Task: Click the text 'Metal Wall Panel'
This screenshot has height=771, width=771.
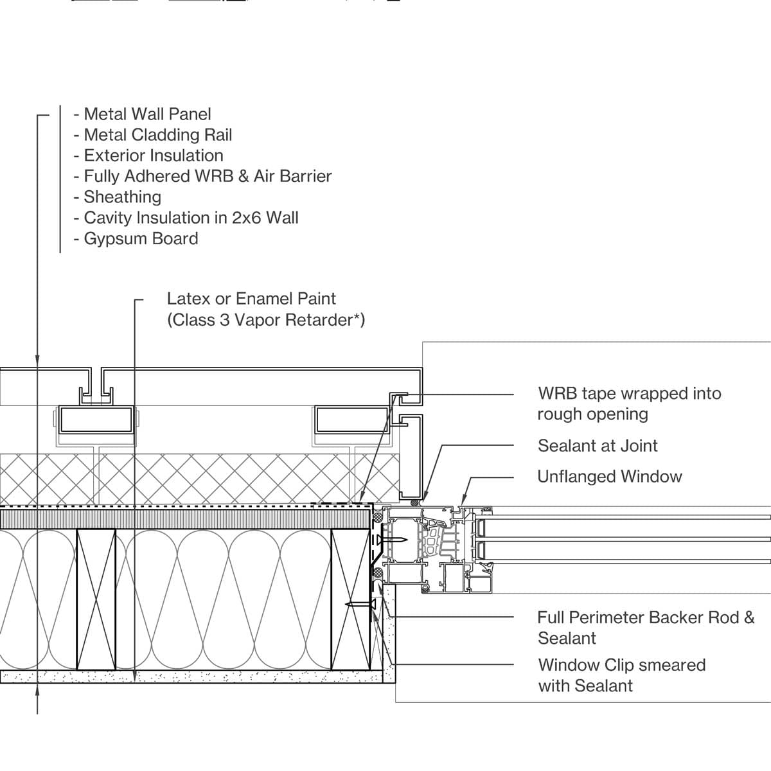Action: coord(147,114)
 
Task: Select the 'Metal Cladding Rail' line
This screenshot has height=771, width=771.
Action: coord(157,135)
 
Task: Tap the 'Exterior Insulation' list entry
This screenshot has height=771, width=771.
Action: coord(154,155)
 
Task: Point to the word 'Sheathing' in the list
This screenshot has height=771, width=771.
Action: coord(123,197)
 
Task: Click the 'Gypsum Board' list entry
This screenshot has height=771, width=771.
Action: coord(141,239)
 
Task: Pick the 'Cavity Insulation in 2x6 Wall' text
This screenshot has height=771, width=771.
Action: coord(191,218)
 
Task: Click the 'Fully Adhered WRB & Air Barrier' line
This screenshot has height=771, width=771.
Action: coord(208,177)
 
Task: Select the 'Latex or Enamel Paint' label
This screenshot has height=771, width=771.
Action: coord(251,299)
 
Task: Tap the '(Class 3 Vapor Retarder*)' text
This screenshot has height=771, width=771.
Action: coord(266,320)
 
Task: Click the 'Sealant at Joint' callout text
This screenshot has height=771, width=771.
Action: coord(598,446)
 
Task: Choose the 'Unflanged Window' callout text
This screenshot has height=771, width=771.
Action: coord(609,477)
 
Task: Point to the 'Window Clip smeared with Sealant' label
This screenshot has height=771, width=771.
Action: coord(622,675)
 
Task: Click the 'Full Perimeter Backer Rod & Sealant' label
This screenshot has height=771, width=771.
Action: coord(646,628)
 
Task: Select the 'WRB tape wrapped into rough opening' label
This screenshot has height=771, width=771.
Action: coord(630,403)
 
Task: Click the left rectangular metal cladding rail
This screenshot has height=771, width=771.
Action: coord(96,420)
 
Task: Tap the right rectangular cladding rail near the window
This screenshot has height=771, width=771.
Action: coord(352,420)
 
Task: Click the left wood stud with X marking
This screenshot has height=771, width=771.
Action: coord(96,599)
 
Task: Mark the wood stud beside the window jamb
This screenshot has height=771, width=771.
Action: coord(351,599)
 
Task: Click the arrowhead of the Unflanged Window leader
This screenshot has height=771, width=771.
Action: coord(463,502)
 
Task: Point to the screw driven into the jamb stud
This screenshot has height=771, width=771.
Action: coord(360,604)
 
